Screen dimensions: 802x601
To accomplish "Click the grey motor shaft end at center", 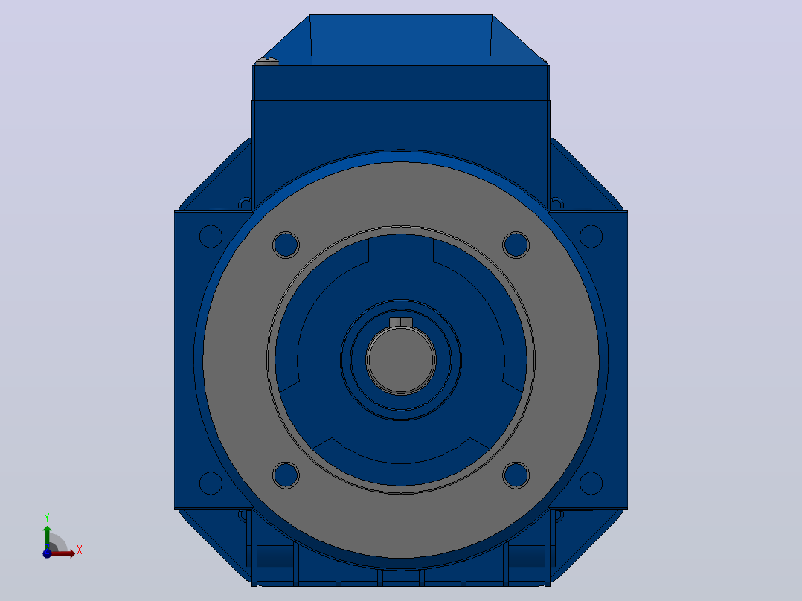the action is pos(401,360).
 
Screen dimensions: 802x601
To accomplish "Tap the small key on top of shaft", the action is pos(401,322).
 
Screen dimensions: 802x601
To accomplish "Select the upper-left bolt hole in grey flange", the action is pos(286,245).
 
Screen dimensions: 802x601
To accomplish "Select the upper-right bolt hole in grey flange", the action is pos(516,245).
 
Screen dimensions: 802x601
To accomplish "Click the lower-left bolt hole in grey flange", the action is pos(286,475).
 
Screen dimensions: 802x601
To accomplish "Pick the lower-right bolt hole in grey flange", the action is pos(516,475).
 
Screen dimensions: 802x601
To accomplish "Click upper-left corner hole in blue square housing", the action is pos(211,237).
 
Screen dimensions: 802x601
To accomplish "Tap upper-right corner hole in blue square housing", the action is pos(591,237).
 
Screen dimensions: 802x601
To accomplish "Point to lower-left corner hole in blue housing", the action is pos(211,483).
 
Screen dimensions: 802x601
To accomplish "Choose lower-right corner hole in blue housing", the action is pos(591,483).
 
